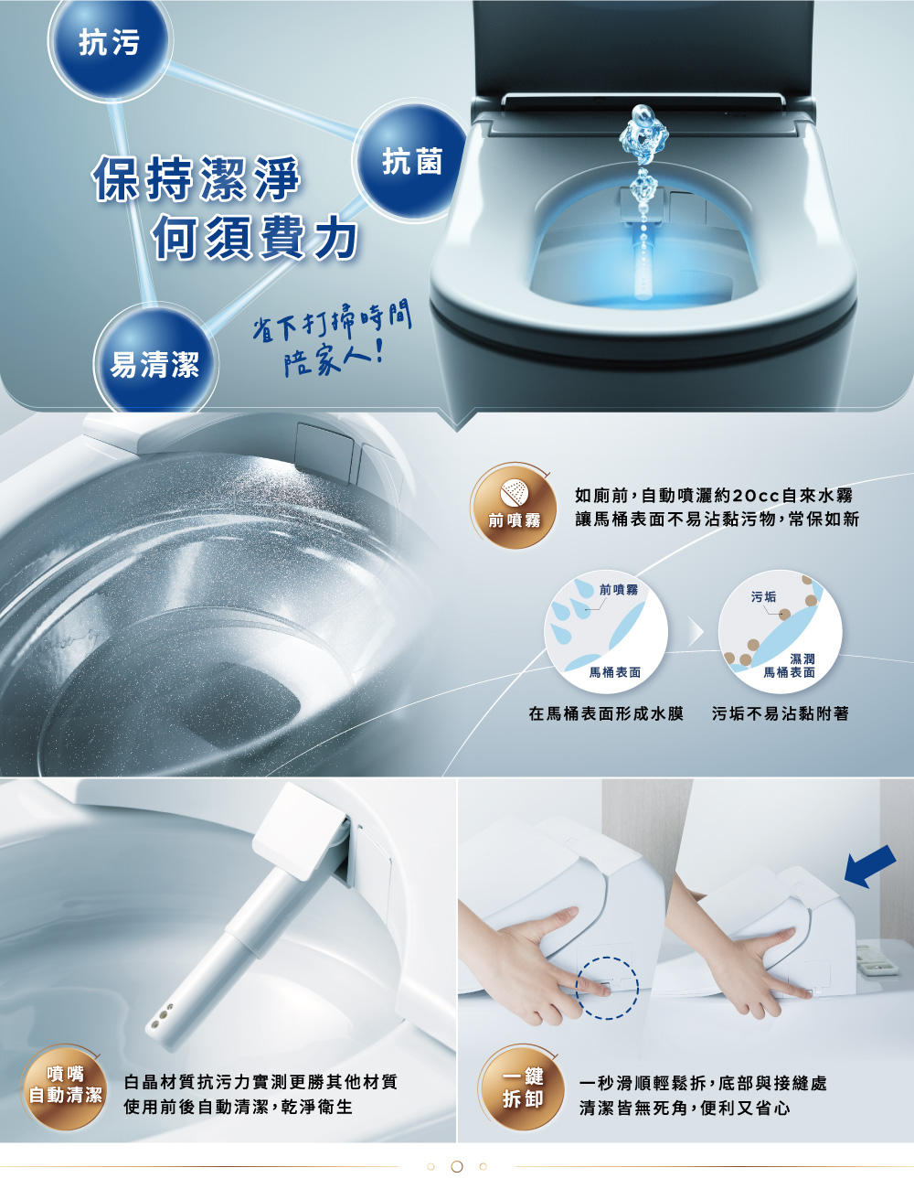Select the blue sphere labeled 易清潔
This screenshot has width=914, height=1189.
(x=155, y=361)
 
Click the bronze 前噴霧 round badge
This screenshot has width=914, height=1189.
(x=513, y=505)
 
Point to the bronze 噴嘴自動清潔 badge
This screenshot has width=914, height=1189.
(x=64, y=1087)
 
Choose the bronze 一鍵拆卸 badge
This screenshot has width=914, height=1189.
(x=522, y=1087)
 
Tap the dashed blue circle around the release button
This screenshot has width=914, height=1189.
(x=607, y=988)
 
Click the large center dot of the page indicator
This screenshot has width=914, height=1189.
(x=457, y=1166)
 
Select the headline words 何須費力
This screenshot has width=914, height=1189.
(x=255, y=236)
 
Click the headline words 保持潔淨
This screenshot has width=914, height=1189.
(x=196, y=177)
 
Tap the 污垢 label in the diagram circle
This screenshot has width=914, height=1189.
(x=763, y=596)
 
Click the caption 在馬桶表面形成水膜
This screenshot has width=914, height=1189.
(x=606, y=713)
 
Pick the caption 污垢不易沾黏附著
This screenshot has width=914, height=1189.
(x=780, y=713)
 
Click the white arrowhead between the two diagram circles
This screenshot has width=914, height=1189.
(x=695, y=633)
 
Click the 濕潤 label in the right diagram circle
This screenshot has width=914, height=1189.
(x=802, y=659)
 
